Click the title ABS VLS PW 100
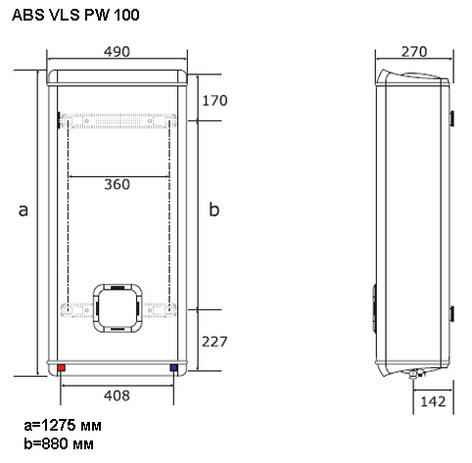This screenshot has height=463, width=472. (x=75, y=15)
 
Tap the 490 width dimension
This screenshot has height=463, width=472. (x=117, y=52)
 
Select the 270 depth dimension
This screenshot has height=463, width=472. (x=414, y=52)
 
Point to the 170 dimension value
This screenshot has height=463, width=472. (x=214, y=101)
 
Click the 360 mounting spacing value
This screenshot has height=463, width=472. (x=117, y=184)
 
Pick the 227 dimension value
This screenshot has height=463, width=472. (x=214, y=342)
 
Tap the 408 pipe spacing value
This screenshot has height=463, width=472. (x=117, y=395)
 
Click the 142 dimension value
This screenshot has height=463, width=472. (x=433, y=401)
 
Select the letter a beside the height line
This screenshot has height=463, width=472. (x=23, y=210)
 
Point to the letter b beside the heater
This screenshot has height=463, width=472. (x=214, y=209)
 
